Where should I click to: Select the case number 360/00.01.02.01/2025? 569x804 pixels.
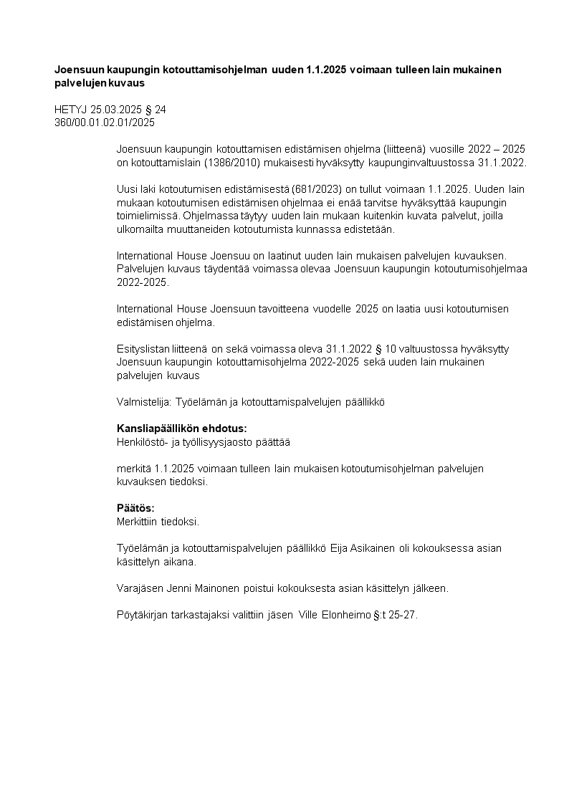click(105, 122)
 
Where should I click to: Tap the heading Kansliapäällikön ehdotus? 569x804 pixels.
click(181, 429)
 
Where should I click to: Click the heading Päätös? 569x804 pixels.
click(135, 508)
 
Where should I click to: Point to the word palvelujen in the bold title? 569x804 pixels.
click(80, 83)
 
